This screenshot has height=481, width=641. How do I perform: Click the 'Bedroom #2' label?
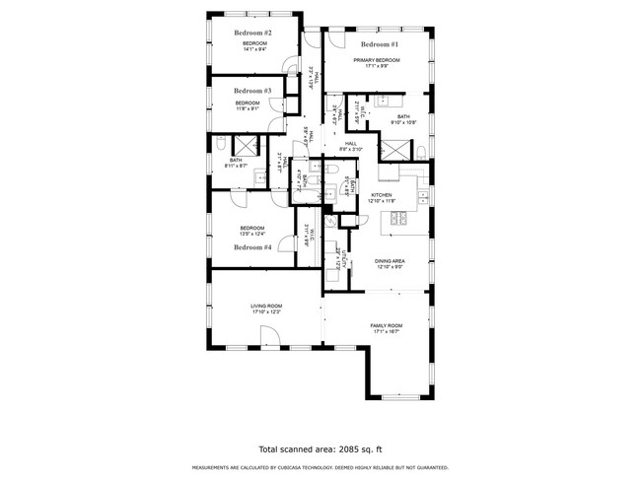pyautogui.click(x=253, y=34)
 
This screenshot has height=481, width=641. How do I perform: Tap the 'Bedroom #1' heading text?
pyautogui.click(x=380, y=44)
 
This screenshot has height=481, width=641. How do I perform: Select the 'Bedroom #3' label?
pyautogui.click(x=247, y=91)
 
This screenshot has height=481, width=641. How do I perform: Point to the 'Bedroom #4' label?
pyautogui.click(x=252, y=247)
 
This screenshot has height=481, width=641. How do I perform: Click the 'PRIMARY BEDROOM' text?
pyautogui.click(x=380, y=61)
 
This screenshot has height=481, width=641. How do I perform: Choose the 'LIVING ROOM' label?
pyautogui.click(x=266, y=307)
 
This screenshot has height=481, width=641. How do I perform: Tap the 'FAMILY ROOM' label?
pyautogui.click(x=387, y=325)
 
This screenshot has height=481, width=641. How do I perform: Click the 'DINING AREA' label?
pyautogui.click(x=390, y=260)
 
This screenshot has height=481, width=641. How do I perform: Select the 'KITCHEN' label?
pyautogui.click(x=382, y=195)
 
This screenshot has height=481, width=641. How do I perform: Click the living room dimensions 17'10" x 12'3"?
pyautogui.click(x=266, y=312)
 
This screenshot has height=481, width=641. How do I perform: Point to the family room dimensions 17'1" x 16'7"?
pyautogui.click(x=387, y=331)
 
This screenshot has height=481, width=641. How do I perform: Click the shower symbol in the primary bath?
pyautogui.click(x=395, y=151)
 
